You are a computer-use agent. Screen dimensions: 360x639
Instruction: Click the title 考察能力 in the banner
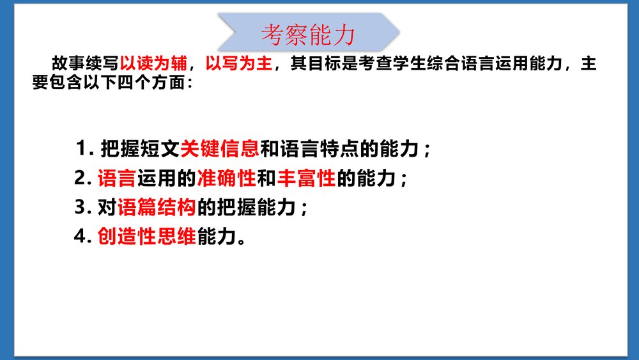(308, 35)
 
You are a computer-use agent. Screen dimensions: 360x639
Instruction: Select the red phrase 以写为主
(239, 63)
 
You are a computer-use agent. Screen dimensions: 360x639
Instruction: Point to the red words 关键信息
(220, 150)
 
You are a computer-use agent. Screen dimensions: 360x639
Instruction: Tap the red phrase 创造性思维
(148, 237)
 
